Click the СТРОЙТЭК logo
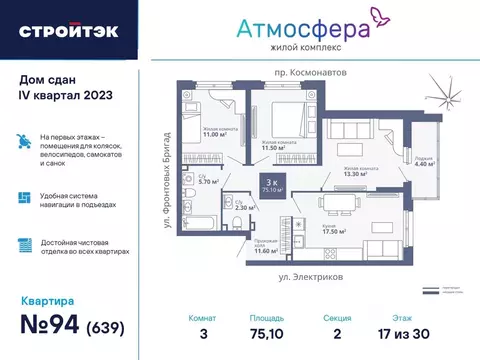(67, 30)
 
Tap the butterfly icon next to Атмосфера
(379, 17)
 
